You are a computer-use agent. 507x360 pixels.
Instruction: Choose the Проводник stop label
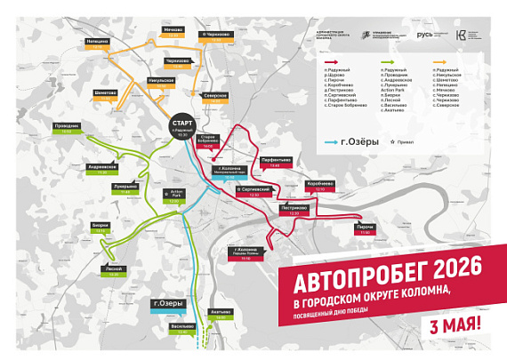coord(69,128)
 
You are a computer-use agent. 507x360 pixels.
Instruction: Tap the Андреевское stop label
coord(103,167)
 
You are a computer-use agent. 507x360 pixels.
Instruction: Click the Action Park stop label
coord(173,196)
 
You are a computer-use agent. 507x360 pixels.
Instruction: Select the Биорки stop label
coord(101,228)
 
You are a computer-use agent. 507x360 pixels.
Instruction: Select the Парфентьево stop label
coord(275,162)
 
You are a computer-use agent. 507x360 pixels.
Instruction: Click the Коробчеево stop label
coord(320,186)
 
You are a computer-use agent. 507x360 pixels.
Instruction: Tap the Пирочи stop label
coord(365,228)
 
